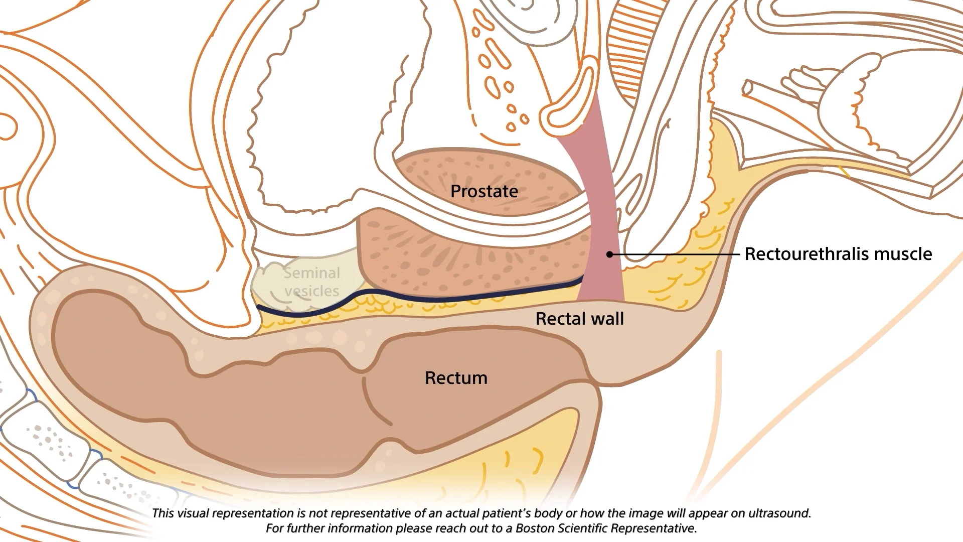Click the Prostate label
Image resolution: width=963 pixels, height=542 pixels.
[x=484, y=191]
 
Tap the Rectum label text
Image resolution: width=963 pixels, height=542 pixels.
[x=456, y=378]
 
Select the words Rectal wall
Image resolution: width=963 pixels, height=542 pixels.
[x=580, y=319]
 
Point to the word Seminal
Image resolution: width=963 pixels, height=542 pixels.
[x=312, y=273]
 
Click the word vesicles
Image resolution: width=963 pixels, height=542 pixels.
[x=311, y=291]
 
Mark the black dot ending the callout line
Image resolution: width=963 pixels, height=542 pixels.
[x=610, y=254]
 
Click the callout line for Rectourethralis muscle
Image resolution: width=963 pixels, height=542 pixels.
[x=675, y=254]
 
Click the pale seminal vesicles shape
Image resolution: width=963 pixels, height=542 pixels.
[x=306, y=284]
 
